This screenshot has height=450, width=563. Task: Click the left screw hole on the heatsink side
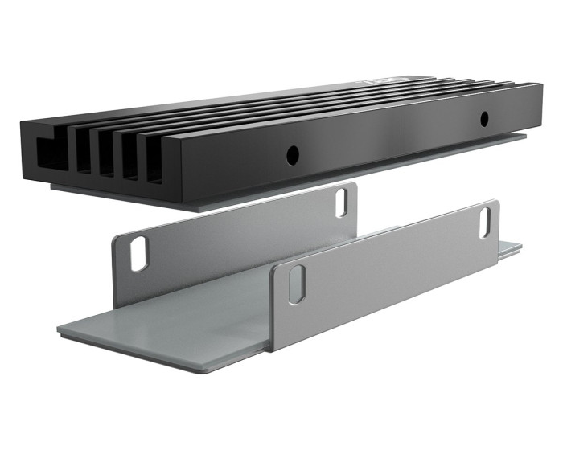point(293,152)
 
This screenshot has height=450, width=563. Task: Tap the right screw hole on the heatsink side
point(484,119)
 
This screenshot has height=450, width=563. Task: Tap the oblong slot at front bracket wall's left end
point(297,284)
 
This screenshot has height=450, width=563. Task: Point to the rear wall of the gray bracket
point(241,233)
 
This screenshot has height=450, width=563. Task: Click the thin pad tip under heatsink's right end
point(515,138)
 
